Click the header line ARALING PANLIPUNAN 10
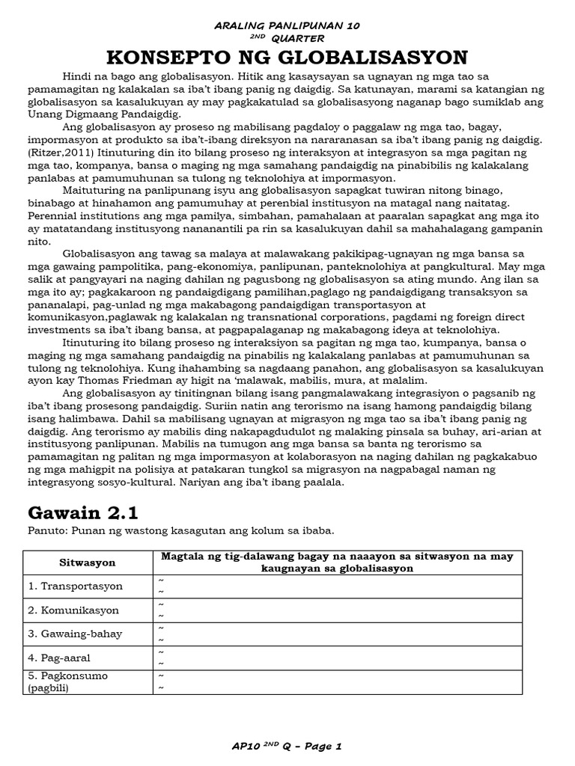pyautogui.click(x=287, y=25)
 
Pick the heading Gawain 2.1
pyautogui.click(x=83, y=513)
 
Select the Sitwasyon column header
pyautogui.click(x=87, y=562)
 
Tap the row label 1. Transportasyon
pyautogui.click(x=75, y=586)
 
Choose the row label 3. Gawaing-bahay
pyautogui.click(x=75, y=634)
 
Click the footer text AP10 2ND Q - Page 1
pyautogui.click(x=287, y=746)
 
